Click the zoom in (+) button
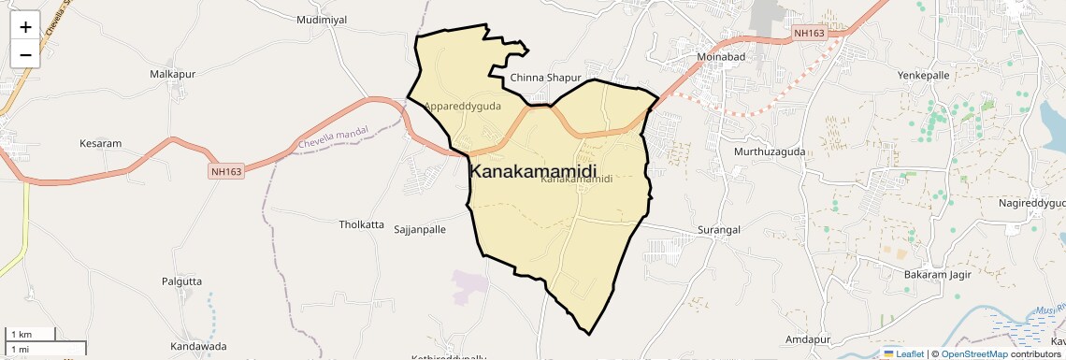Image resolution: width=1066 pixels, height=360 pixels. point(25,26)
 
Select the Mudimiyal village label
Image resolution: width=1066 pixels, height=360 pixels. point(321,19)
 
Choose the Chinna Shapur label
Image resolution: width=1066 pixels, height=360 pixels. point(546,78)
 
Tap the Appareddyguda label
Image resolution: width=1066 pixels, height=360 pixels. point(463,107)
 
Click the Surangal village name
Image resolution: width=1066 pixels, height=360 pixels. point(719,229)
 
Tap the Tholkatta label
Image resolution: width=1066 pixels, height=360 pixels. point(361,224)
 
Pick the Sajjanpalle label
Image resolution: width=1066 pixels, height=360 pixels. point(420,229)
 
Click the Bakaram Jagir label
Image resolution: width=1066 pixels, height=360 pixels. point(938,275)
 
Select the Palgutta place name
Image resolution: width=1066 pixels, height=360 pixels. point(181,281)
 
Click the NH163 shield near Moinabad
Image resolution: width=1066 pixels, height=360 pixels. point(809,34)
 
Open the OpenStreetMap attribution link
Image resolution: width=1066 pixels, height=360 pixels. point(973,353)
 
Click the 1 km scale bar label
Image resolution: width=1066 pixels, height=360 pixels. point(20,334)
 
